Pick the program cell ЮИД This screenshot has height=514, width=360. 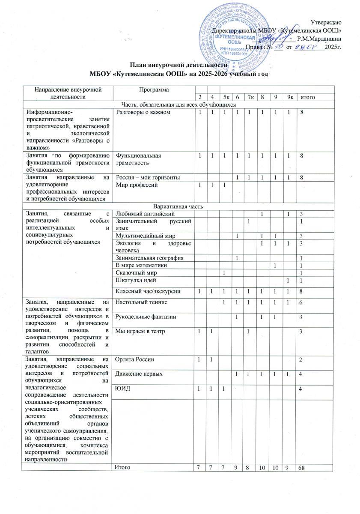click(x=122, y=388)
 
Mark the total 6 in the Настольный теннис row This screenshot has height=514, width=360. click(x=301, y=303)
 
